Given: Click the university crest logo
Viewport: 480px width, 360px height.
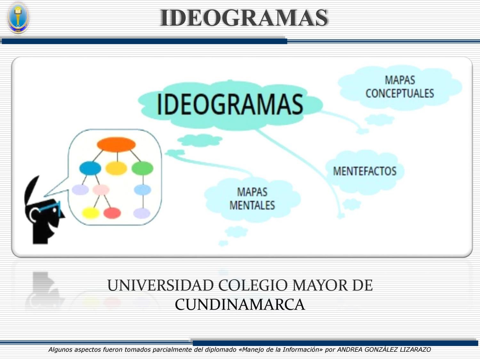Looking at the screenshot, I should point(18,18).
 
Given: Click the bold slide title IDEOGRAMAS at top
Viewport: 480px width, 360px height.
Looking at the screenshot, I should point(244,18).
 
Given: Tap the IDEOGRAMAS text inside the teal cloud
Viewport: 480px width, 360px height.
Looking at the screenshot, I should point(229,104).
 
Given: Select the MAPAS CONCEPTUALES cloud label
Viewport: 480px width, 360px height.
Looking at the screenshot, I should point(400,87).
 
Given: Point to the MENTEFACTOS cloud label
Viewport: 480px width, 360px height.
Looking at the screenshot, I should point(364,171).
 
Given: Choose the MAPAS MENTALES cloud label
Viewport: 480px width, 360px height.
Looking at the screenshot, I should point(252,199).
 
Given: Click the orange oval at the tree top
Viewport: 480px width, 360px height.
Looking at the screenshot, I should point(116,145).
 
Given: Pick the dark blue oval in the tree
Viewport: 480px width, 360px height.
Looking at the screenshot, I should point(90,168).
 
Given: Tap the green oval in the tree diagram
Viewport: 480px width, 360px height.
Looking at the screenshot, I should point(142,168).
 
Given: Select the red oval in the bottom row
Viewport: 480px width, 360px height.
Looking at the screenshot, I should point(112,213).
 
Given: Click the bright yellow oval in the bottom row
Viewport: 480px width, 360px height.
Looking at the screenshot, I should point(91,213).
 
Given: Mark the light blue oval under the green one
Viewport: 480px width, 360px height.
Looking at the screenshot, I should point(142,190).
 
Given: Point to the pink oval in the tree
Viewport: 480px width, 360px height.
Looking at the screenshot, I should point(101,190).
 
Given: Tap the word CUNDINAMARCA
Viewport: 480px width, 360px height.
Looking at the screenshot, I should point(240,304).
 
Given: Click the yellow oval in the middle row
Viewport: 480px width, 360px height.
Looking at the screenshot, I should point(116,168).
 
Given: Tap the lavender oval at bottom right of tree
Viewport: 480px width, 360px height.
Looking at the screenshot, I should point(141,213).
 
